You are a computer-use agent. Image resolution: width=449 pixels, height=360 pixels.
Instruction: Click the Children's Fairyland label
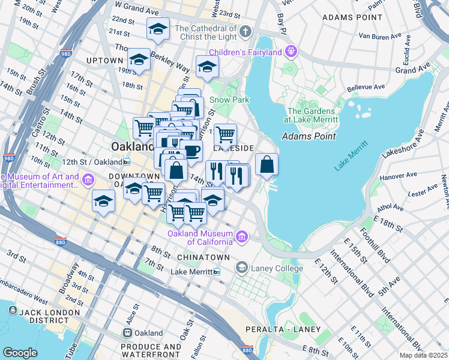[245, 52]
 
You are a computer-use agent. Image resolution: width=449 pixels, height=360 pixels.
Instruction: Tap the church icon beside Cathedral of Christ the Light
[245, 31]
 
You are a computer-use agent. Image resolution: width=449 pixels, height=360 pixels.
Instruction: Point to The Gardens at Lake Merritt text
[312, 115]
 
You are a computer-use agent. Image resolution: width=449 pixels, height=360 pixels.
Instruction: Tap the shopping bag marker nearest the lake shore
[267, 164]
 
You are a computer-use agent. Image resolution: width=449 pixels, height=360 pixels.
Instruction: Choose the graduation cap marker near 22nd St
[158, 29]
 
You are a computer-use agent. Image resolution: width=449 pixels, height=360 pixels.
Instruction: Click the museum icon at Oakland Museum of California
[242, 237]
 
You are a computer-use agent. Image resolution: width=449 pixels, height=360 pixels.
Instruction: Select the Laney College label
[277, 268]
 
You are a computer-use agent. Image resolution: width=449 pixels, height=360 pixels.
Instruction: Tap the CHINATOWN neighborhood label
[203, 257]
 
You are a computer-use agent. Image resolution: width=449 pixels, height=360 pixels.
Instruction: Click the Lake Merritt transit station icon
[217, 272]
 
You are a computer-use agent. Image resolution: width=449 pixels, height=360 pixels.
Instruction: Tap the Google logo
[20, 352]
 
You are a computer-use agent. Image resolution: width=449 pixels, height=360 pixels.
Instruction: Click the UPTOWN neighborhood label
[105, 61]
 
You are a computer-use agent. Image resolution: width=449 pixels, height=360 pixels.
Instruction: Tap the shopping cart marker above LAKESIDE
[224, 134]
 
